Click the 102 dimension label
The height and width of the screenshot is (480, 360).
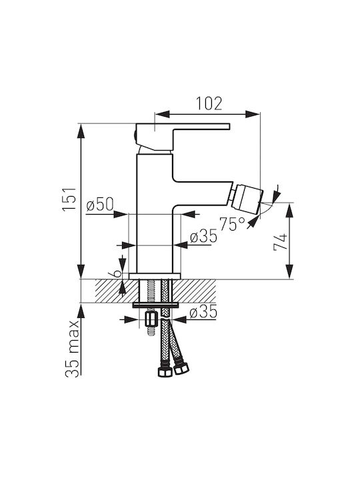(209, 103)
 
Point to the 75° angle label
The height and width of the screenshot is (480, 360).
(233, 224)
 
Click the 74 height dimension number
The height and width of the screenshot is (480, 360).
(281, 242)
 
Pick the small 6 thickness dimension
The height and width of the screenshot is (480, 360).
(117, 273)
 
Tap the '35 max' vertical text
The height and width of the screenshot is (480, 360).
(73, 349)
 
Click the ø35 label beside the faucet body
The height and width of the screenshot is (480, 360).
(203, 237)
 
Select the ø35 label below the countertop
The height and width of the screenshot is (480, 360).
(203, 312)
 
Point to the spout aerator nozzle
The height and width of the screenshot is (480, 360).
(247, 199)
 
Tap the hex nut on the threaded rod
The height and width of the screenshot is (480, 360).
(150, 320)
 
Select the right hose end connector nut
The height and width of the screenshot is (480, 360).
(181, 369)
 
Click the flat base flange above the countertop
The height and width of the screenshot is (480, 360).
(155, 276)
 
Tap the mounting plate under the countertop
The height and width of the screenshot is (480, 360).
(155, 305)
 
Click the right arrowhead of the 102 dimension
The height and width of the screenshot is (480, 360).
(253, 115)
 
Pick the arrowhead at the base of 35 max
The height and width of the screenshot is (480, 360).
(81, 311)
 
